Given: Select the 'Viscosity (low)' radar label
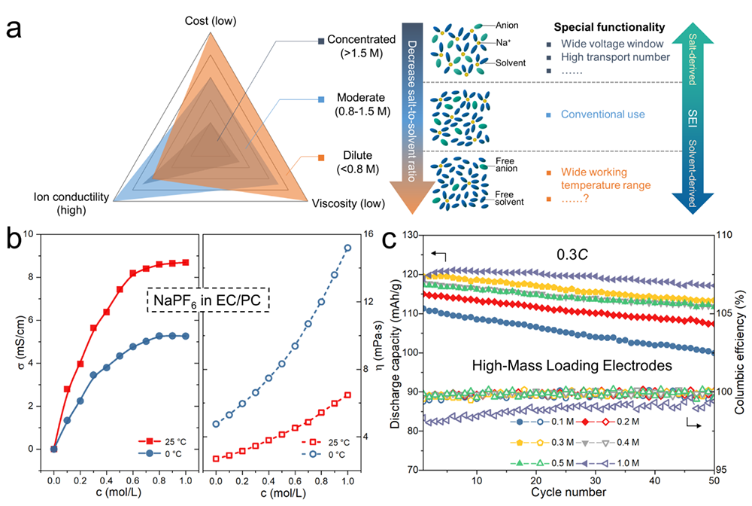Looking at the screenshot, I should click(x=348, y=203).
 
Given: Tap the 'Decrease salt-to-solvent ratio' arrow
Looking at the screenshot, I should click(x=414, y=113).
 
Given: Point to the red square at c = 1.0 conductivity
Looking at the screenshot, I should click(x=185, y=262).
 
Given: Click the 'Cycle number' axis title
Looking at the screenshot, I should click(x=566, y=492).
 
